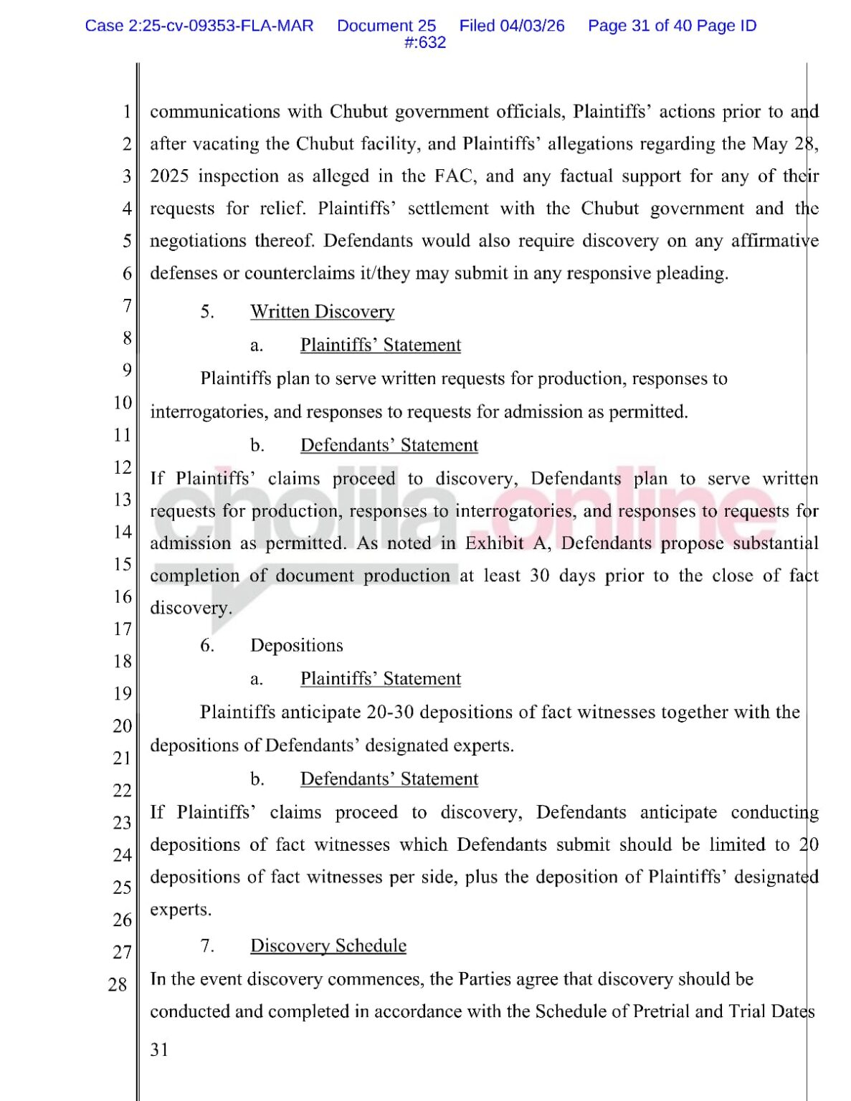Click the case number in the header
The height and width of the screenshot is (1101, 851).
199,26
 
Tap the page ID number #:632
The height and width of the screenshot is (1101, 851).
424,42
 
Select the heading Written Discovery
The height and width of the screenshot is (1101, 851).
322,312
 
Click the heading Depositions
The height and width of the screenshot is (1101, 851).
296,645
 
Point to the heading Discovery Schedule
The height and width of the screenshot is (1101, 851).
328,945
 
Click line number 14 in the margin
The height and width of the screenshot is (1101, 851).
123,532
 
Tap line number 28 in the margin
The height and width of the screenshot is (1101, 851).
118,984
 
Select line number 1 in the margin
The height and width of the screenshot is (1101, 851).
126,112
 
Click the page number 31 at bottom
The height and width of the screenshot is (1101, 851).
159,1050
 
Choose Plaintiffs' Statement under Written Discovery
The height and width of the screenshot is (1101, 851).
380,345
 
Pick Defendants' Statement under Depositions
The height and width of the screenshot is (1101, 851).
389,778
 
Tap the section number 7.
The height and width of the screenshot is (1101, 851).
206,945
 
